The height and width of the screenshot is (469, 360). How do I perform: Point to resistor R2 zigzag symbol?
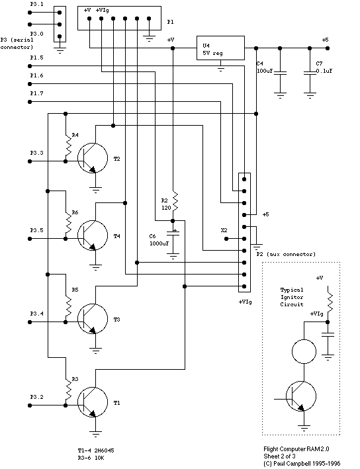point(175,201)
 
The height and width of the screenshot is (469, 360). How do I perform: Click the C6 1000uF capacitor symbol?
point(173,234)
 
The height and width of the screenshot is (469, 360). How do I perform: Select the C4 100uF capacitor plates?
point(280,73)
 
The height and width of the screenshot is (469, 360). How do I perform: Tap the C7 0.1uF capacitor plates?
point(310,73)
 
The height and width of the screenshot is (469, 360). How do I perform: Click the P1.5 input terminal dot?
point(30,66)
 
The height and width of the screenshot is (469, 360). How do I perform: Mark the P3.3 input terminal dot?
point(30,161)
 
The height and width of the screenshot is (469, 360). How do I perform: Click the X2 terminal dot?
point(226,239)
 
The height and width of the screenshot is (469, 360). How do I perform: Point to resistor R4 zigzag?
point(69,146)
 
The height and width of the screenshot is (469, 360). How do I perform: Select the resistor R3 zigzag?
point(69,391)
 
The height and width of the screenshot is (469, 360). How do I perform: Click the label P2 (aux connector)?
point(286,254)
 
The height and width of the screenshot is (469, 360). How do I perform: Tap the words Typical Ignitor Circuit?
point(292,297)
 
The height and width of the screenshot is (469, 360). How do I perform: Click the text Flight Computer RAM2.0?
point(296,448)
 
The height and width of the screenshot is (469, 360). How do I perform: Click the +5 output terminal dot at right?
point(328,48)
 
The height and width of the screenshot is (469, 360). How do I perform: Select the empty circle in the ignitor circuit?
point(304,339)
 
